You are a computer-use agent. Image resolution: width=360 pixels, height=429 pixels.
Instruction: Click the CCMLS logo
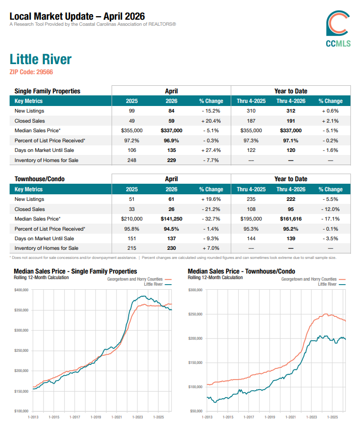tap(338, 29)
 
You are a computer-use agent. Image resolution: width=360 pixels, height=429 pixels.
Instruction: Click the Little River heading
tap(40, 60)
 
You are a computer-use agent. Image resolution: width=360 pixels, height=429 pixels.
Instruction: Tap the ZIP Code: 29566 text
tap(31, 72)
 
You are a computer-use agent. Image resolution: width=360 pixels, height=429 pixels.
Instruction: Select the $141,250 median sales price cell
tap(171, 219)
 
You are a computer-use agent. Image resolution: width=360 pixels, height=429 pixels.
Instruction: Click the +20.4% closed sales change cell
tap(211, 121)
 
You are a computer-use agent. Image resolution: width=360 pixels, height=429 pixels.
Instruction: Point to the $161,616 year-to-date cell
tap(291, 219)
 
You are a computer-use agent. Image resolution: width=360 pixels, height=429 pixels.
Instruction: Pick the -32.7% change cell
tap(211, 219)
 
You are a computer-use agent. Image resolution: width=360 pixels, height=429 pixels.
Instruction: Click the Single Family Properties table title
tap(47, 91)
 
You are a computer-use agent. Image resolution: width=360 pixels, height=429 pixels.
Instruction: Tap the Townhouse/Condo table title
tap(40, 179)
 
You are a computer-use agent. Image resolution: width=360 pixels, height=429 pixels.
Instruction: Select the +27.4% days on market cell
tap(211, 150)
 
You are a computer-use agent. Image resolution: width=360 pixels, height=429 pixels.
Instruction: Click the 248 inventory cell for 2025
tap(132, 160)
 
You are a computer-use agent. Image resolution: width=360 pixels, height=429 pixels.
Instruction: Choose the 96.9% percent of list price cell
tap(171, 141)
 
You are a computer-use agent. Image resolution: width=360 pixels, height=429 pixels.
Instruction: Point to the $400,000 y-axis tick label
tap(21, 290)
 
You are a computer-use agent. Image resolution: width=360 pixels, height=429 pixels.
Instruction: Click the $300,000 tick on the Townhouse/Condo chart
tap(195, 290)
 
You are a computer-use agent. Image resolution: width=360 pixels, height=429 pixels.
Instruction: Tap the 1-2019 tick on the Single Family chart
tap(96, 417)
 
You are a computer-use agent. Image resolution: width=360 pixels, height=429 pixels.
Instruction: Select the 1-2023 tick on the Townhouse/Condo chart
tap(312, 417)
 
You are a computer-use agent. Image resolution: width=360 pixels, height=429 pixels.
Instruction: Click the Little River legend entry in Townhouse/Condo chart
tap(332, 284)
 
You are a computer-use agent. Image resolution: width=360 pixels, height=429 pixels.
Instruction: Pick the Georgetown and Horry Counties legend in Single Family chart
tap(139, 279)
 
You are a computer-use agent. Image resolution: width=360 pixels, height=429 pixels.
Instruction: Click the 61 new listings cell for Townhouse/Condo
tap(171, 199)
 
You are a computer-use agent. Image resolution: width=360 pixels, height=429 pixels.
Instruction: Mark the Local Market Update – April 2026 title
tap(77, 17)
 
